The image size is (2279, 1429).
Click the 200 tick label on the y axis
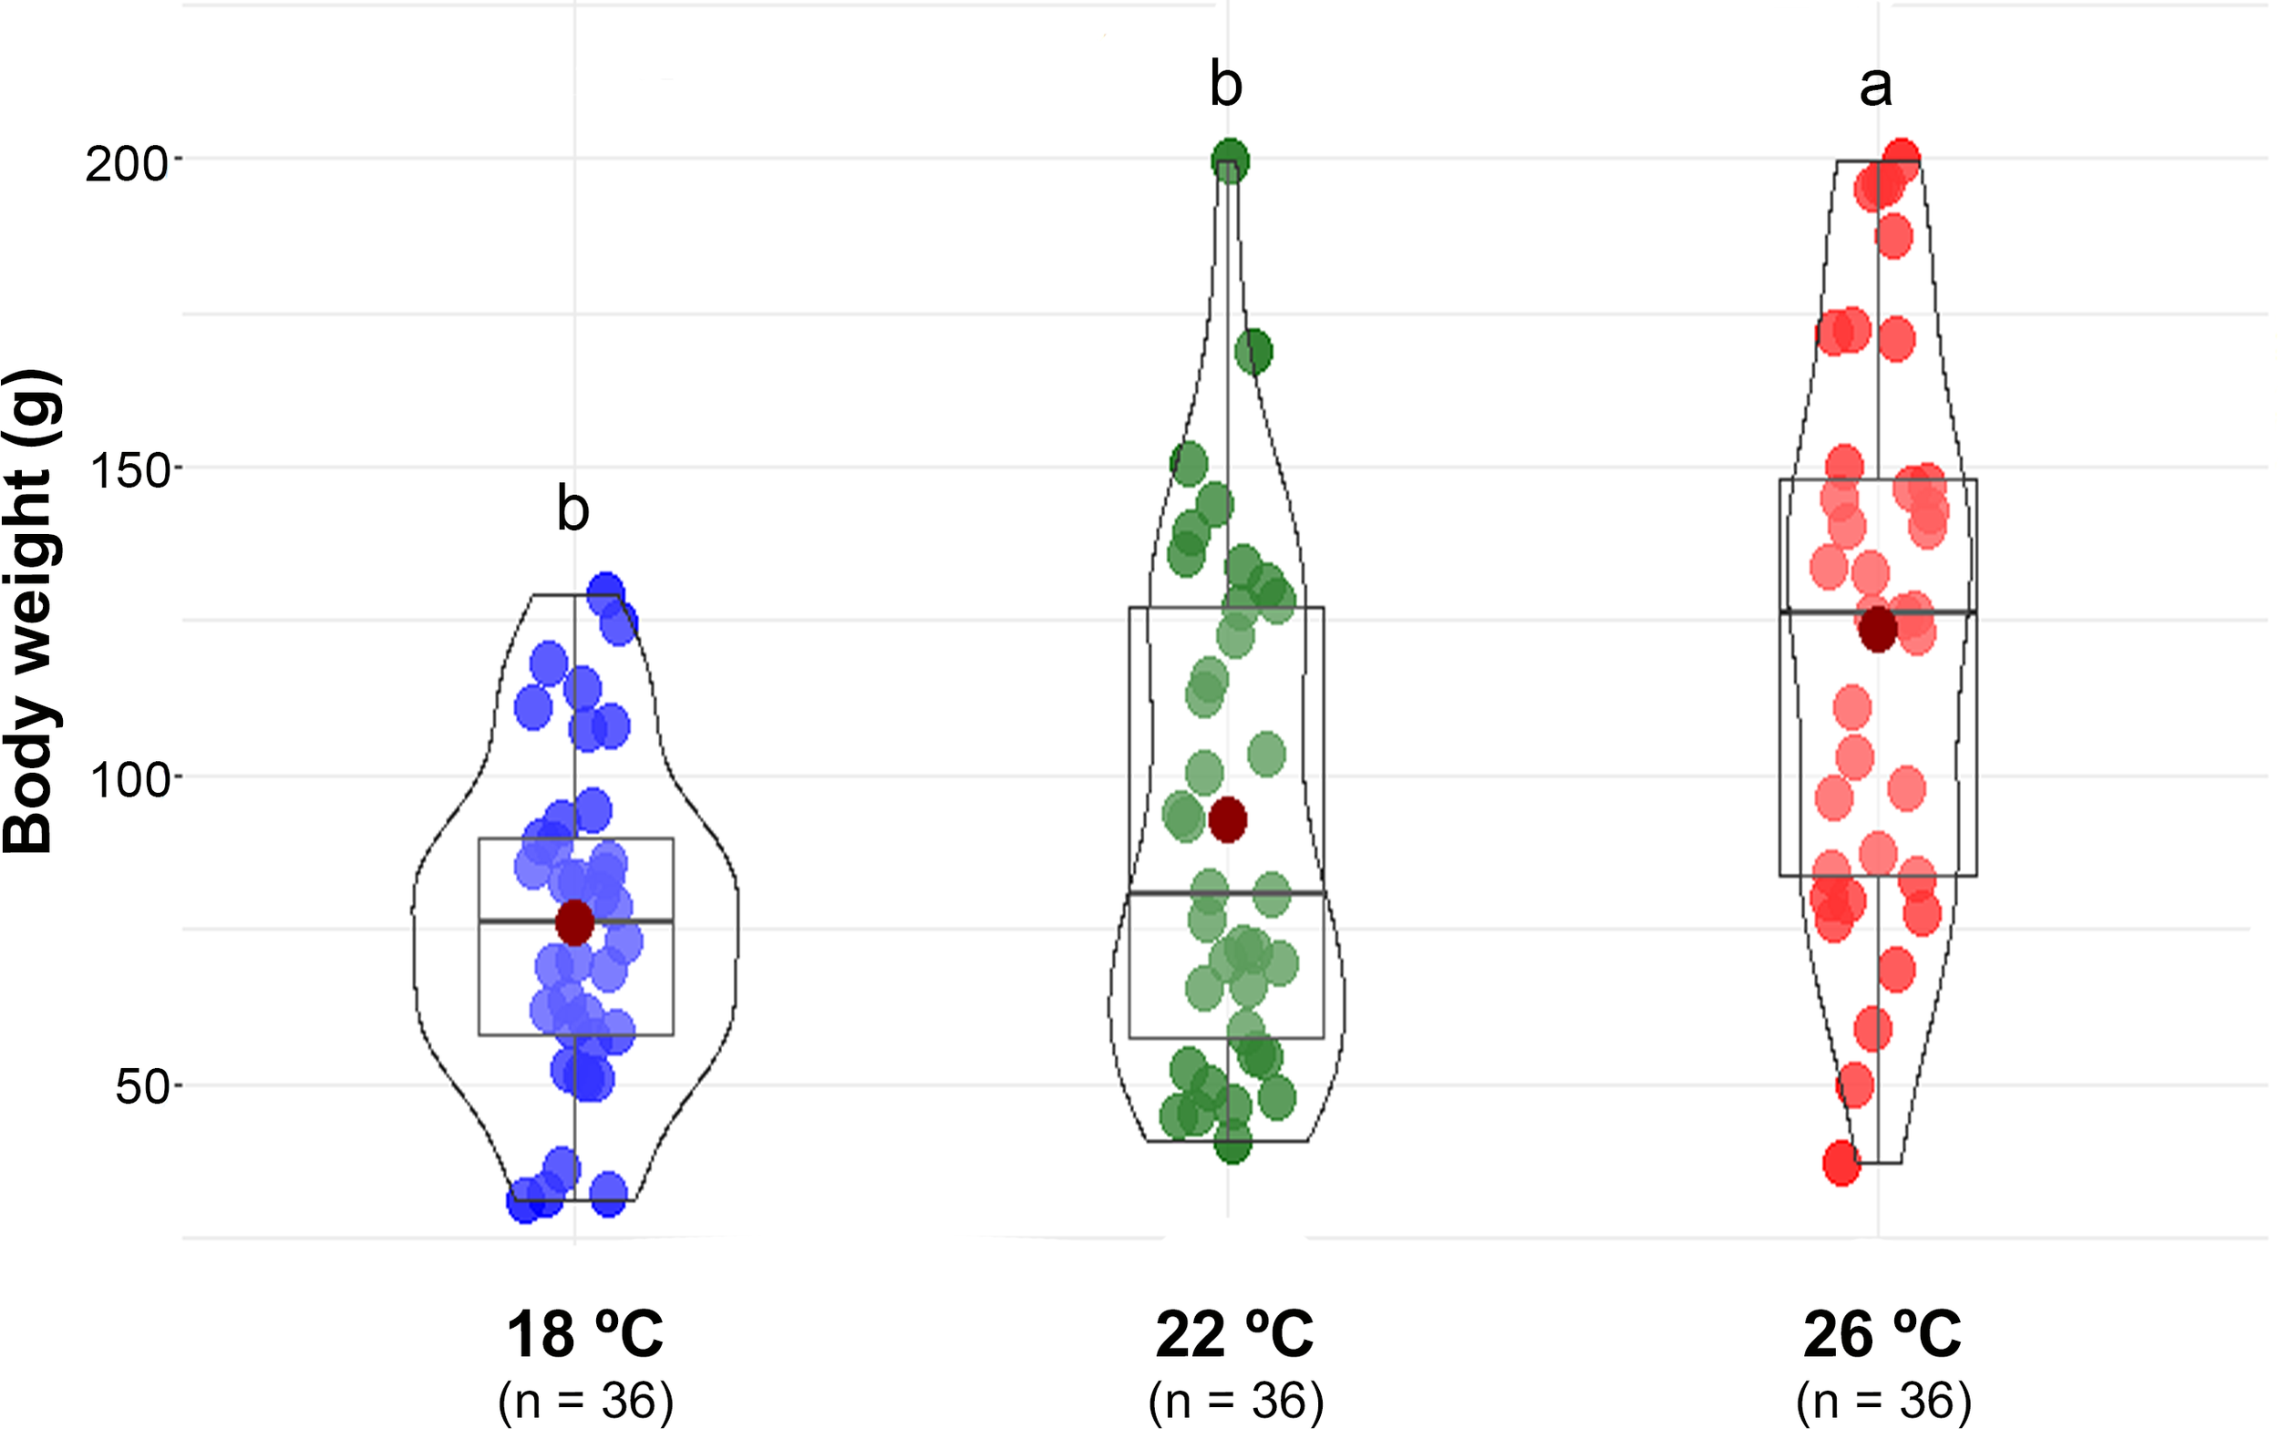tap(126, 165)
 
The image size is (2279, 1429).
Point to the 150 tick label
tap(126, 470)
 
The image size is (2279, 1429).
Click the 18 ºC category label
tap(584, 1334)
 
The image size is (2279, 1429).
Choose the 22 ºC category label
tap(1233, 1334)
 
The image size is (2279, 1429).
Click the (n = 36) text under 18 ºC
tap(585, 1401)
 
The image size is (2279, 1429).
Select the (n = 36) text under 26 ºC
tap(1883, 1401)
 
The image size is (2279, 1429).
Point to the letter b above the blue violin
tap(572, 509)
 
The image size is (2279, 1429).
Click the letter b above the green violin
tap(1225, 85)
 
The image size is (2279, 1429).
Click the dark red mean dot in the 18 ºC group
tap(574, 922)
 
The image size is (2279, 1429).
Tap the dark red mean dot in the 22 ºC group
tap(1228, 819)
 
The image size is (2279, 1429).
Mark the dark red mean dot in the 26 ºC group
tap(1878, 630)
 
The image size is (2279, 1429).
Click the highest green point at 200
tap(1230, 159)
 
